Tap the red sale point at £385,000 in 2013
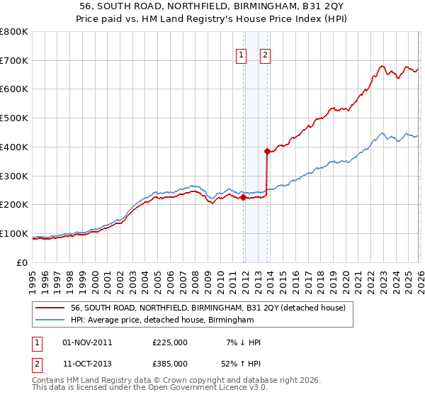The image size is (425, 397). coord(267,151)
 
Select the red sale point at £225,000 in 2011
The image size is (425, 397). coord(243,198)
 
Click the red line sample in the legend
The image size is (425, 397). coord(51,308)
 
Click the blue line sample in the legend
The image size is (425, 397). coord(51,320)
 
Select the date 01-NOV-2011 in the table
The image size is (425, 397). coord(87,342)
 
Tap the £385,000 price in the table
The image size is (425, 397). coord(170,365)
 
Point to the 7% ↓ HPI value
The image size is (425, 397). coord(243,342)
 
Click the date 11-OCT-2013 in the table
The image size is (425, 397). coord(87,365)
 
